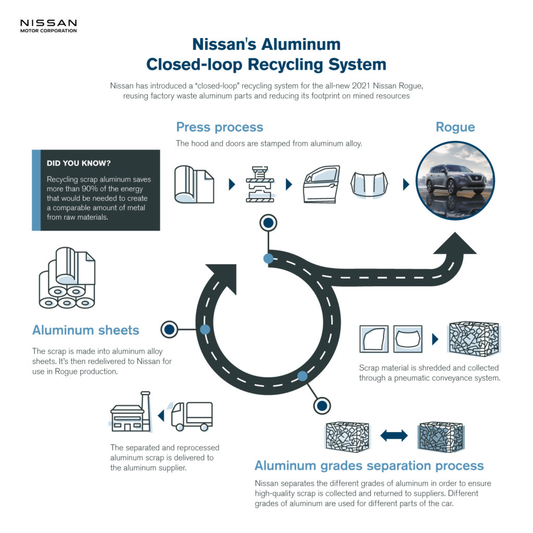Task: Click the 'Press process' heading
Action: [219, 127]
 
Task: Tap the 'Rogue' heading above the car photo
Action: [455, 127]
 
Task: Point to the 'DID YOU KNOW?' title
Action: [78, 163]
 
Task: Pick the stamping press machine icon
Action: [258, 185]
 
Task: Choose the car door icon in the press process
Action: [321, 185]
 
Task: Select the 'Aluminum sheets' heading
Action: [86, 330]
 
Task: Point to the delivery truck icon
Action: [192, 415]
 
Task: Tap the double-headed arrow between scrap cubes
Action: [394, 435]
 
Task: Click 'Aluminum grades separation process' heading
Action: [369, 465]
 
